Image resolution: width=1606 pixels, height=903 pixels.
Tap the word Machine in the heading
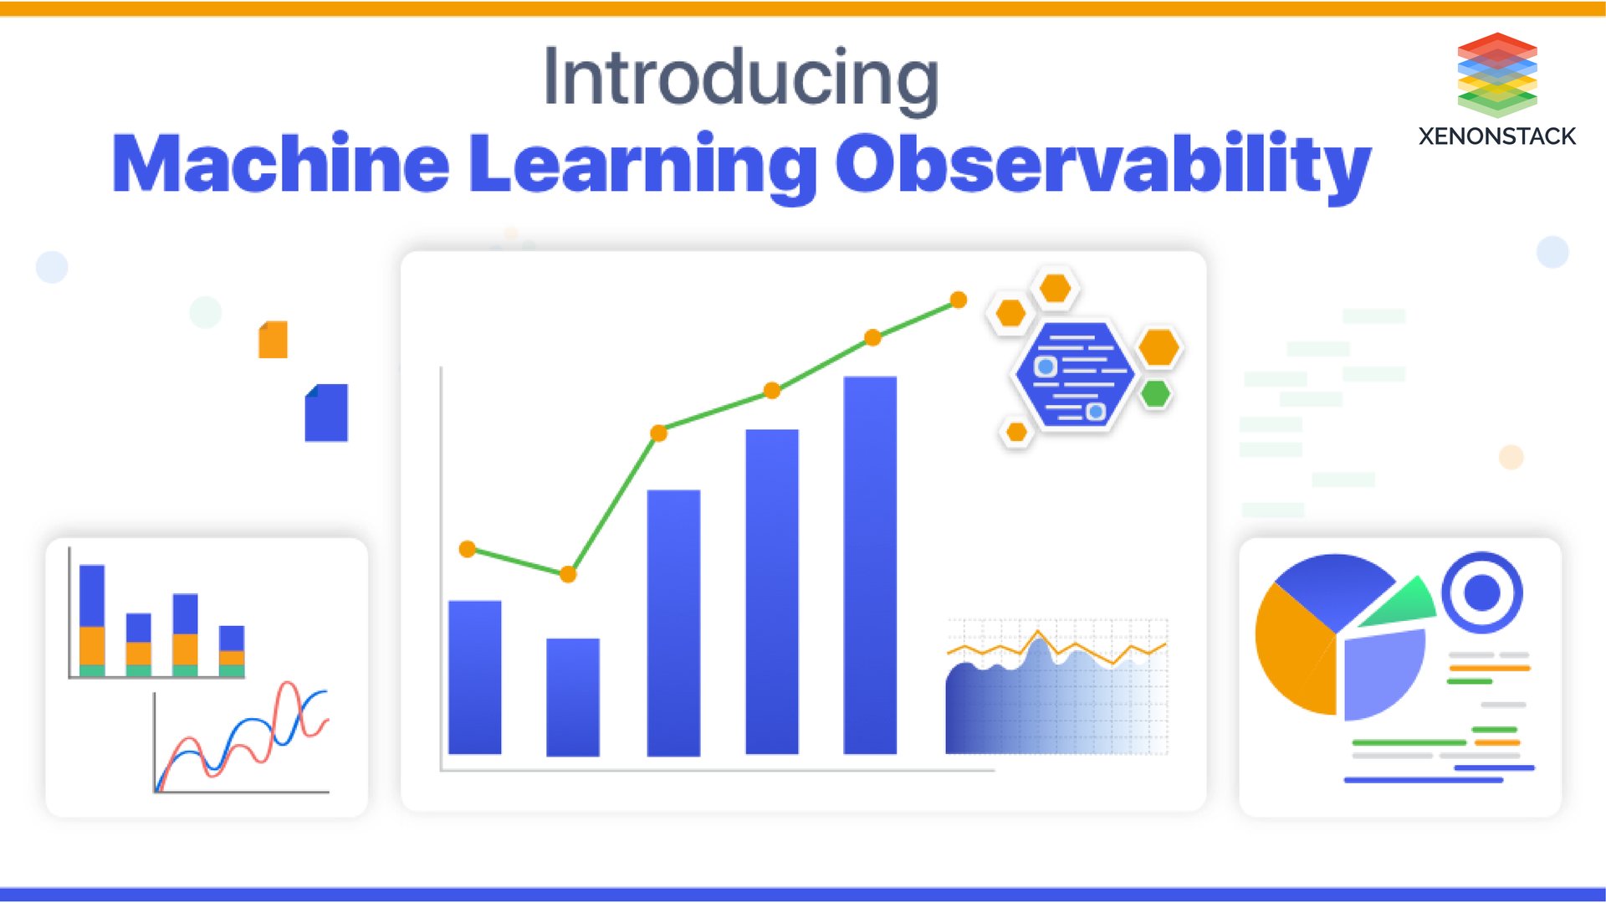pos(280,164)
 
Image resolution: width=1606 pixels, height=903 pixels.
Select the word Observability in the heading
pos(1102,164)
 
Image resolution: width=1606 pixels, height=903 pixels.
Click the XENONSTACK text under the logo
pos(1496,136)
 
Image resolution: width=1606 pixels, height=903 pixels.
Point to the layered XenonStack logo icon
pos(1496,74)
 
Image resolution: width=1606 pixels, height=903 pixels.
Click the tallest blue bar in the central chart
pos(870,565)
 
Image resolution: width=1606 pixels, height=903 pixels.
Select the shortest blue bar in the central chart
pos(573,696)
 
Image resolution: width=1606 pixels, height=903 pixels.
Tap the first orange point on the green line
pos(468,549)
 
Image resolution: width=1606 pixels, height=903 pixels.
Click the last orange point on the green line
pos(959,300)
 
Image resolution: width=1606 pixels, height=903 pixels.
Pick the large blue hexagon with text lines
pos(1074,374)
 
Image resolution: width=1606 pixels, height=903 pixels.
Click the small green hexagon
pos(1155,393)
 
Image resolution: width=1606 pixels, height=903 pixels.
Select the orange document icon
pos(274,340)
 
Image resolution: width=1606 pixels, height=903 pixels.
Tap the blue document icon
pos(326,413)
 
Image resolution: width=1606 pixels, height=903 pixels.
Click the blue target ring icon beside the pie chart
pos(1482,593)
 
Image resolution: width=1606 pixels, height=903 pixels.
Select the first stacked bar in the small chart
pos(92,620)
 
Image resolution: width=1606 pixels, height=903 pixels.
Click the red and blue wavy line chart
pos(243,736)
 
